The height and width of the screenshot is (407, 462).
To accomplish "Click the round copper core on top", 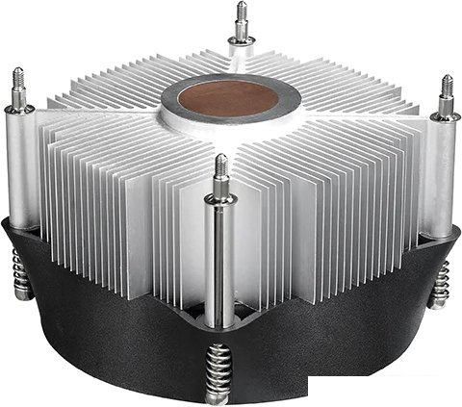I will tap(231, 97).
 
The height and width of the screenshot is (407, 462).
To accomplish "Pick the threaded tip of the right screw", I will tap(447, 89).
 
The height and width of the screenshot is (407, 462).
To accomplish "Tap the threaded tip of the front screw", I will tap(221, 168).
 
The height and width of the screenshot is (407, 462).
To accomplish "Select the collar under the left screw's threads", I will tap(19, 105).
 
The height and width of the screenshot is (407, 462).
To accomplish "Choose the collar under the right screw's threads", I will tap(446, 114).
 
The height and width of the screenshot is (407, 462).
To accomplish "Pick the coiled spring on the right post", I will tap(440, 284).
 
